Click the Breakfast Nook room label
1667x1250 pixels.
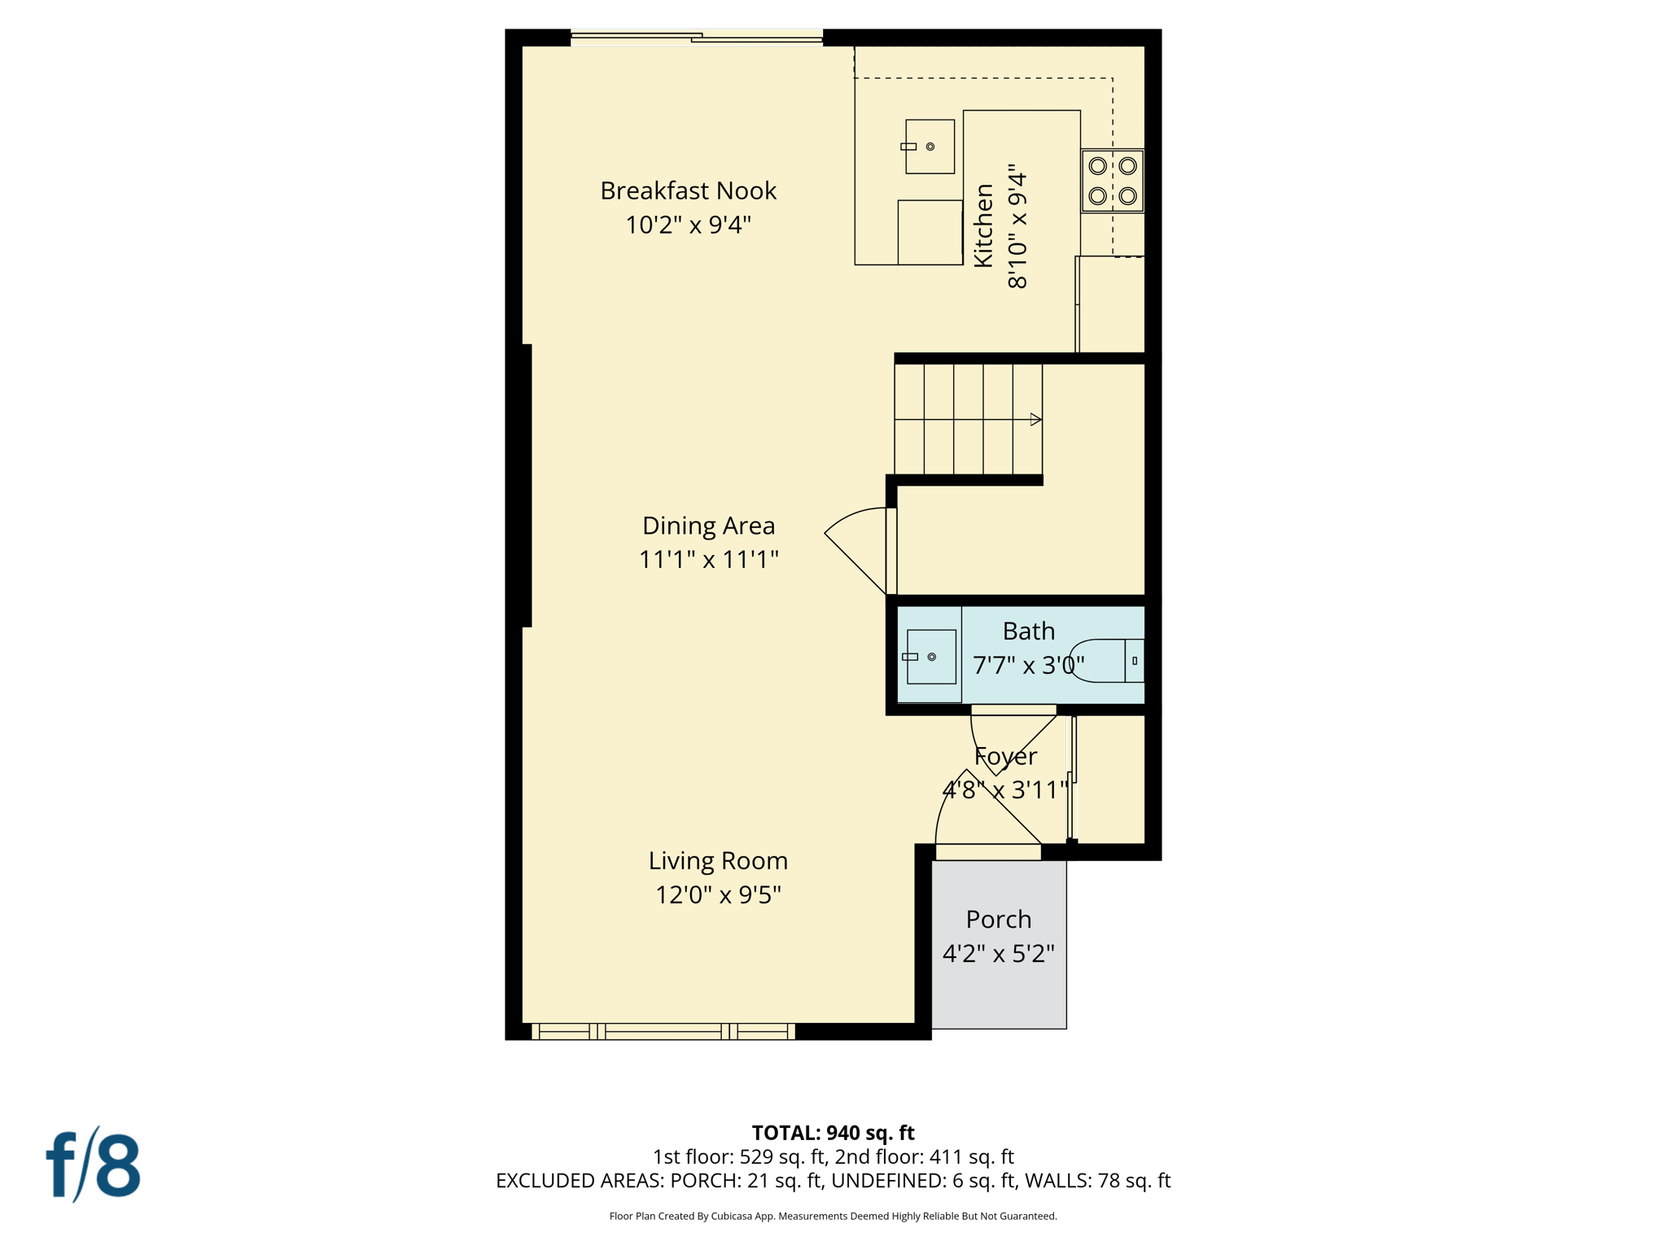coord(688,190)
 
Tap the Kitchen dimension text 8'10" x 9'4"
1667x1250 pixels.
coord(1017,230)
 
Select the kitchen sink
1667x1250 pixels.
coord(930,146)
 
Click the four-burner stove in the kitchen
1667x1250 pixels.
coord(1112,181)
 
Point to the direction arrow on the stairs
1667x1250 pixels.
coord(1035,420)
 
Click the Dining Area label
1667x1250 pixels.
coord(708,526)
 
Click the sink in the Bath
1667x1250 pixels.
coord(930,657)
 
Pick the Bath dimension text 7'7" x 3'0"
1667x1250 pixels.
coord(1029,666)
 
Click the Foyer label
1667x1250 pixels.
coord(1005,756)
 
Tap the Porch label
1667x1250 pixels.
coord(998,919)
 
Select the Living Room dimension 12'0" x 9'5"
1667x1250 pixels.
coord(718,895)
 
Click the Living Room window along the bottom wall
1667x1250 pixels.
coord(663,1032)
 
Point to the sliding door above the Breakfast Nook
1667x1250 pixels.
coord(697,37)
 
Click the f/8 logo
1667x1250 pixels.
coord(94,1165)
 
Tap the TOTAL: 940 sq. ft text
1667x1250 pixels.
coord(833,1133)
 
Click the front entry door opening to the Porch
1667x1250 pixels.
coord(987,851)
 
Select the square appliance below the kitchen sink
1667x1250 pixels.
coord(930,232)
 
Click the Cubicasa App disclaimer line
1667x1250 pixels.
coord(833,1216)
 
